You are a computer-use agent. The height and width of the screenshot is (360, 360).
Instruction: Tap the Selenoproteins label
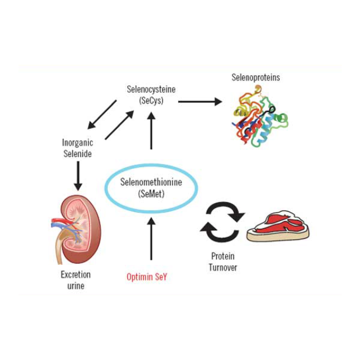point(255,77)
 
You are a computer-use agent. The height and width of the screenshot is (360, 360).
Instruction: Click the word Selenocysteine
point(151,89)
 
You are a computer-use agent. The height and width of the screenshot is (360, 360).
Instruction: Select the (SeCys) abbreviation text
point(151,100)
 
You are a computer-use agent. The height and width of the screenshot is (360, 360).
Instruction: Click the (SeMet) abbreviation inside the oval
point(151,193)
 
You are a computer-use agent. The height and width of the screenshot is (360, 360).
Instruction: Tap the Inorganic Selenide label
point(77,148)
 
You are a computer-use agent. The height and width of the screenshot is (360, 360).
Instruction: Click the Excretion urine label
point(75,280)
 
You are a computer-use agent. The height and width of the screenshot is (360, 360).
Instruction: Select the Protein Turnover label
point(223,261)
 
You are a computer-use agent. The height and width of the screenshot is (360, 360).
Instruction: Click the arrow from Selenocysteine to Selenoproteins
point(200,102)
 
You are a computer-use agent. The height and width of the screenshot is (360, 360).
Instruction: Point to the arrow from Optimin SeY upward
point(151,238)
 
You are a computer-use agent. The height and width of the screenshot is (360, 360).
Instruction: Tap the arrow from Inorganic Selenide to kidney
point(78,175)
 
